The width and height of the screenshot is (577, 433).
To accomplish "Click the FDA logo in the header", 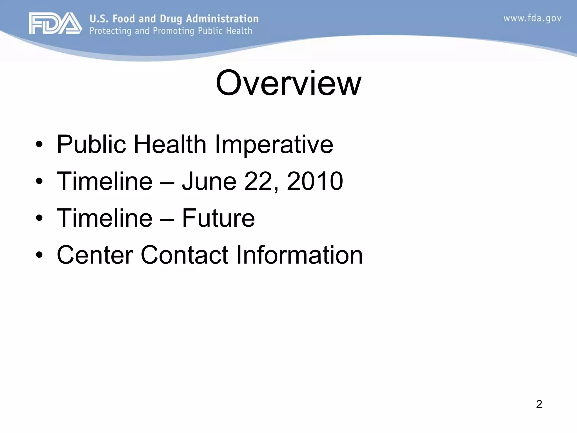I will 55,23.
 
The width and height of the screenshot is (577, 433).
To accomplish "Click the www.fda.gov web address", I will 532,19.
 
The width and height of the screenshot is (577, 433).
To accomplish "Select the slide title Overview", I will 288,83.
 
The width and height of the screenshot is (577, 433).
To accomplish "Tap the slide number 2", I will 539,404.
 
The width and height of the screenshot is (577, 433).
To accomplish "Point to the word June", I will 209,181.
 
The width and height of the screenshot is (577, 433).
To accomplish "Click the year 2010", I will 315,181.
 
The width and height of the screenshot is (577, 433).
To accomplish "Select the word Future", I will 218,218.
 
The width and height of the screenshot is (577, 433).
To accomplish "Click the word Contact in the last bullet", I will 184,255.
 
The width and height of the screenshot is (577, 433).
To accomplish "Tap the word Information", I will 299,255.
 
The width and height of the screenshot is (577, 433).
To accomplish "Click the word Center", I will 95,255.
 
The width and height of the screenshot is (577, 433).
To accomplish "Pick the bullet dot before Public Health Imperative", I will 39,145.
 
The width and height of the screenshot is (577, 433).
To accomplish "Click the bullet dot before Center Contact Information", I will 39,255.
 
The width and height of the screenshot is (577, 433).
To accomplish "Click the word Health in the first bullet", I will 170,145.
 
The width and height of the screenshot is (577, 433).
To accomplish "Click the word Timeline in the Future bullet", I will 104,218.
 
